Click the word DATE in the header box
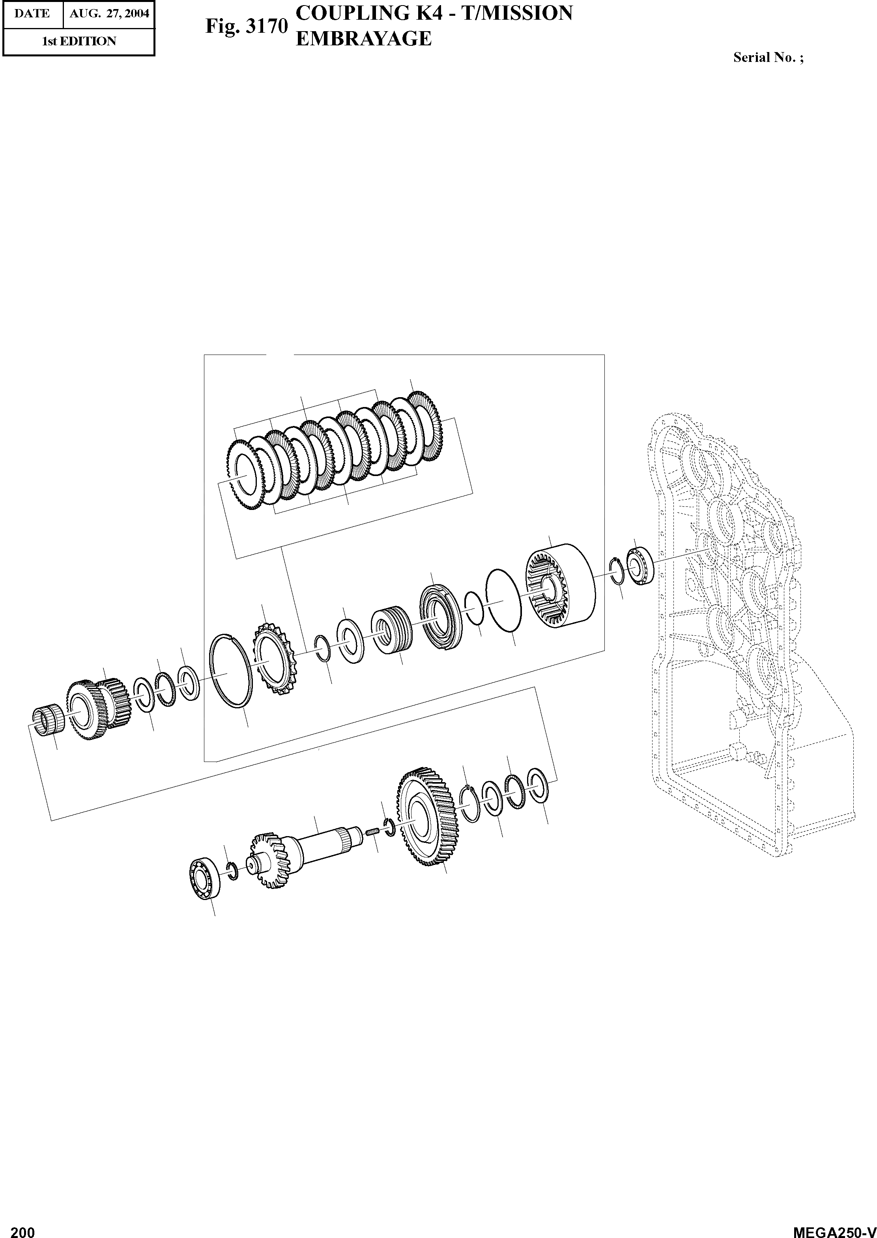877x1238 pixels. [32, 13]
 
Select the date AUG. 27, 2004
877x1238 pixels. [109, 13]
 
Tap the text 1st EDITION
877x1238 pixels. [79, 41]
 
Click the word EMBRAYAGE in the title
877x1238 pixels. [364, 38]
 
